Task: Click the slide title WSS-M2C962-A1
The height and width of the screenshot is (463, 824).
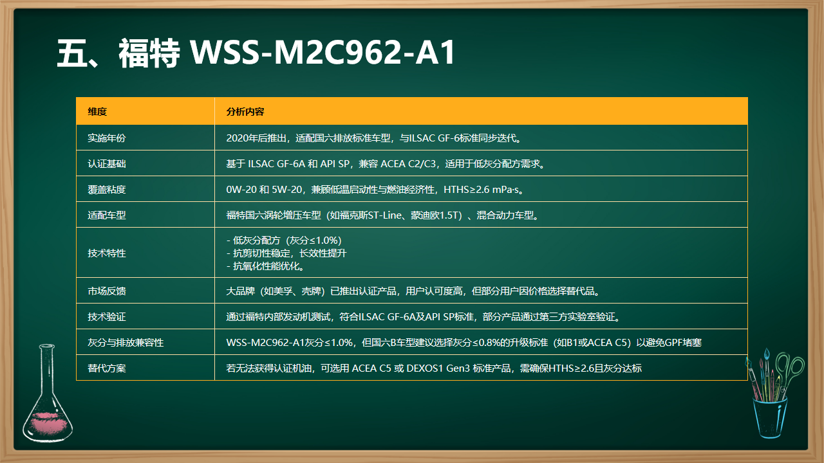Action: click(x=323, y=52)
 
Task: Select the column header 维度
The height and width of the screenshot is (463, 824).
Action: click(x=97, y=111)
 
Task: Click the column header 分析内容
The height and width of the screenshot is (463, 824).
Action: click(x=245, y=111)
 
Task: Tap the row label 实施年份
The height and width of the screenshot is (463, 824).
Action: click(x=107, y=138)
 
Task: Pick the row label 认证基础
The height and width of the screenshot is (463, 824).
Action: click(x=107, y=163)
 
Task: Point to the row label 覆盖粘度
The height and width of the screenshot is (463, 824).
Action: click(x=107, y=189)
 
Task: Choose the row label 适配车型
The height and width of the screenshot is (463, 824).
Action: click(x=107, y=215)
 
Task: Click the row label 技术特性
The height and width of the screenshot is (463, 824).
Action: click(x=107, y=253)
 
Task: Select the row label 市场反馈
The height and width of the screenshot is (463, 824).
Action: click(x=107, y=291)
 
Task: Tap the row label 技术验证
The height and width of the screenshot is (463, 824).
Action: click(x=107, y=317)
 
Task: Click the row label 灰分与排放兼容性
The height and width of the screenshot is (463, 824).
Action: click(x=126, y=343)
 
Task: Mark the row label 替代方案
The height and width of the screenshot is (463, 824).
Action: click(x=107, y=368)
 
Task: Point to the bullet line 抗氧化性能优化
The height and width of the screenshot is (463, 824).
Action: click(x=267, y=266)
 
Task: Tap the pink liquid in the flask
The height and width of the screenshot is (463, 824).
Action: click(x=48, y=422)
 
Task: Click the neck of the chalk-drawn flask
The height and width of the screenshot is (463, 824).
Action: click(x=48, y=371)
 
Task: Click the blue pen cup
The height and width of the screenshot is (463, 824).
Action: click(x=770, y=418)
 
